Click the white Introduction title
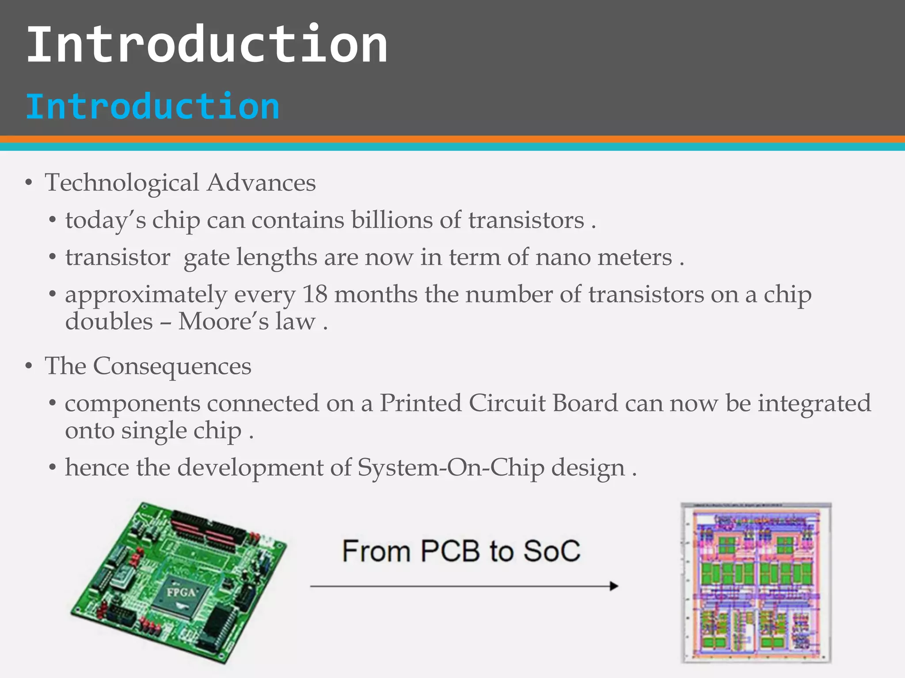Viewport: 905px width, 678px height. [x=207, y=44]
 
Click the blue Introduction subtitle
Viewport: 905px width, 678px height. [x=152, y=106]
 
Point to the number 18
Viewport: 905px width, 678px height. [x=315, y=294]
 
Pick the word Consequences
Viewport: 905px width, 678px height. [x=172, y=366]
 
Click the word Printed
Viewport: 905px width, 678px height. [x=421, y=403]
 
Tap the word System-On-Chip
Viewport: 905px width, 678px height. [x=451, y=467]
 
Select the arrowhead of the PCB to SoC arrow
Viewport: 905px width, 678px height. [x=613, y=586]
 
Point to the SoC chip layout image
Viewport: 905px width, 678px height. [x=756, y=583]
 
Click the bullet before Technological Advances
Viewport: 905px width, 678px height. [x=29, y=183]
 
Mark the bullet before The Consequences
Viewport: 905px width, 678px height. [x=29, y=366]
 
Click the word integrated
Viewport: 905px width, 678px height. [x=814, y=403]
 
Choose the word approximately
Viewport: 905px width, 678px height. [x=146, y=295]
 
